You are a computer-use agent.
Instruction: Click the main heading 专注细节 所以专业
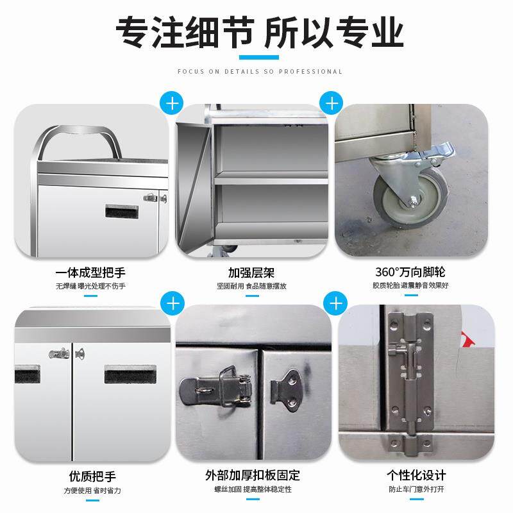[x=259, y=33]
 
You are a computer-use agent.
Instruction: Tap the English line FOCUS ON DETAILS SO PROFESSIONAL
[x=260, y=72]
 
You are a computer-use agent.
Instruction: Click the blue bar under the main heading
[x=259, y=58]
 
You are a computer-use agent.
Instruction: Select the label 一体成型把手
[x=90, y=273]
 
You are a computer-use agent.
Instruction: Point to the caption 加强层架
[x=251, y=273]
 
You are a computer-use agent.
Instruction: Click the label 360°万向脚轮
[x=410, y=272]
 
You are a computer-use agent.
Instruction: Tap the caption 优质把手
[x=92, y=476]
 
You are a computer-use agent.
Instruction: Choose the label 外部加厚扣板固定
[x=253, y=475]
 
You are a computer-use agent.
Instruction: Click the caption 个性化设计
[x=416, y=475]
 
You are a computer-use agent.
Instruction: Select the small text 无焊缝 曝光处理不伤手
[x=90, y=286]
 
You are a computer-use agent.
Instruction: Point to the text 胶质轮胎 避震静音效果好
[x=410, y=285]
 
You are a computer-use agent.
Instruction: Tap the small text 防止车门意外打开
[x=416, y=489]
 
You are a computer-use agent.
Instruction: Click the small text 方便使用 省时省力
[x=92, y=491]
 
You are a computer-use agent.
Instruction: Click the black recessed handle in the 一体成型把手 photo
[x=122, y=212]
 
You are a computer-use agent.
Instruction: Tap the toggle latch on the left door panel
[x=216, y=387]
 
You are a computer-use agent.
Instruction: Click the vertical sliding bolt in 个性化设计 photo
[x=409, y=376]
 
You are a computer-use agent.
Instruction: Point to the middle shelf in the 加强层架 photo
[x=271, y=178]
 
